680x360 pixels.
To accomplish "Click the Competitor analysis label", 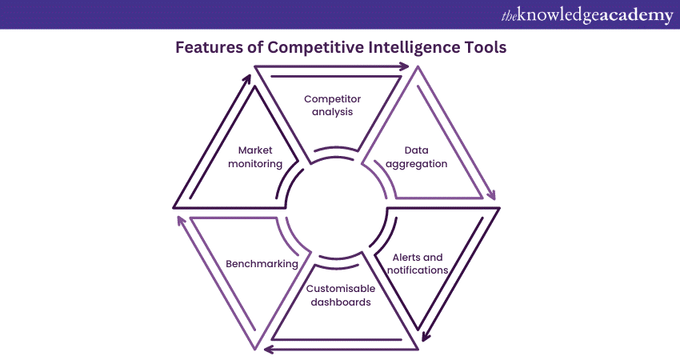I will click(x=333, y=106).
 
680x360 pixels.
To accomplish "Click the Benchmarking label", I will click(x=262, y=263).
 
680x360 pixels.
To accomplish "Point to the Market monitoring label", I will click(x=260, y=156).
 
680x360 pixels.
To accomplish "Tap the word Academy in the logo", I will click(x=632, y=15).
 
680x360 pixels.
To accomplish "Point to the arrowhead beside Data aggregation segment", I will click(x=491, y=195).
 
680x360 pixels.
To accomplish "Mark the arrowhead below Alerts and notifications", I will click(x=426, y=336).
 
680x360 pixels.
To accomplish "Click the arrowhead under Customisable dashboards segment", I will click(x=267, y=349).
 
